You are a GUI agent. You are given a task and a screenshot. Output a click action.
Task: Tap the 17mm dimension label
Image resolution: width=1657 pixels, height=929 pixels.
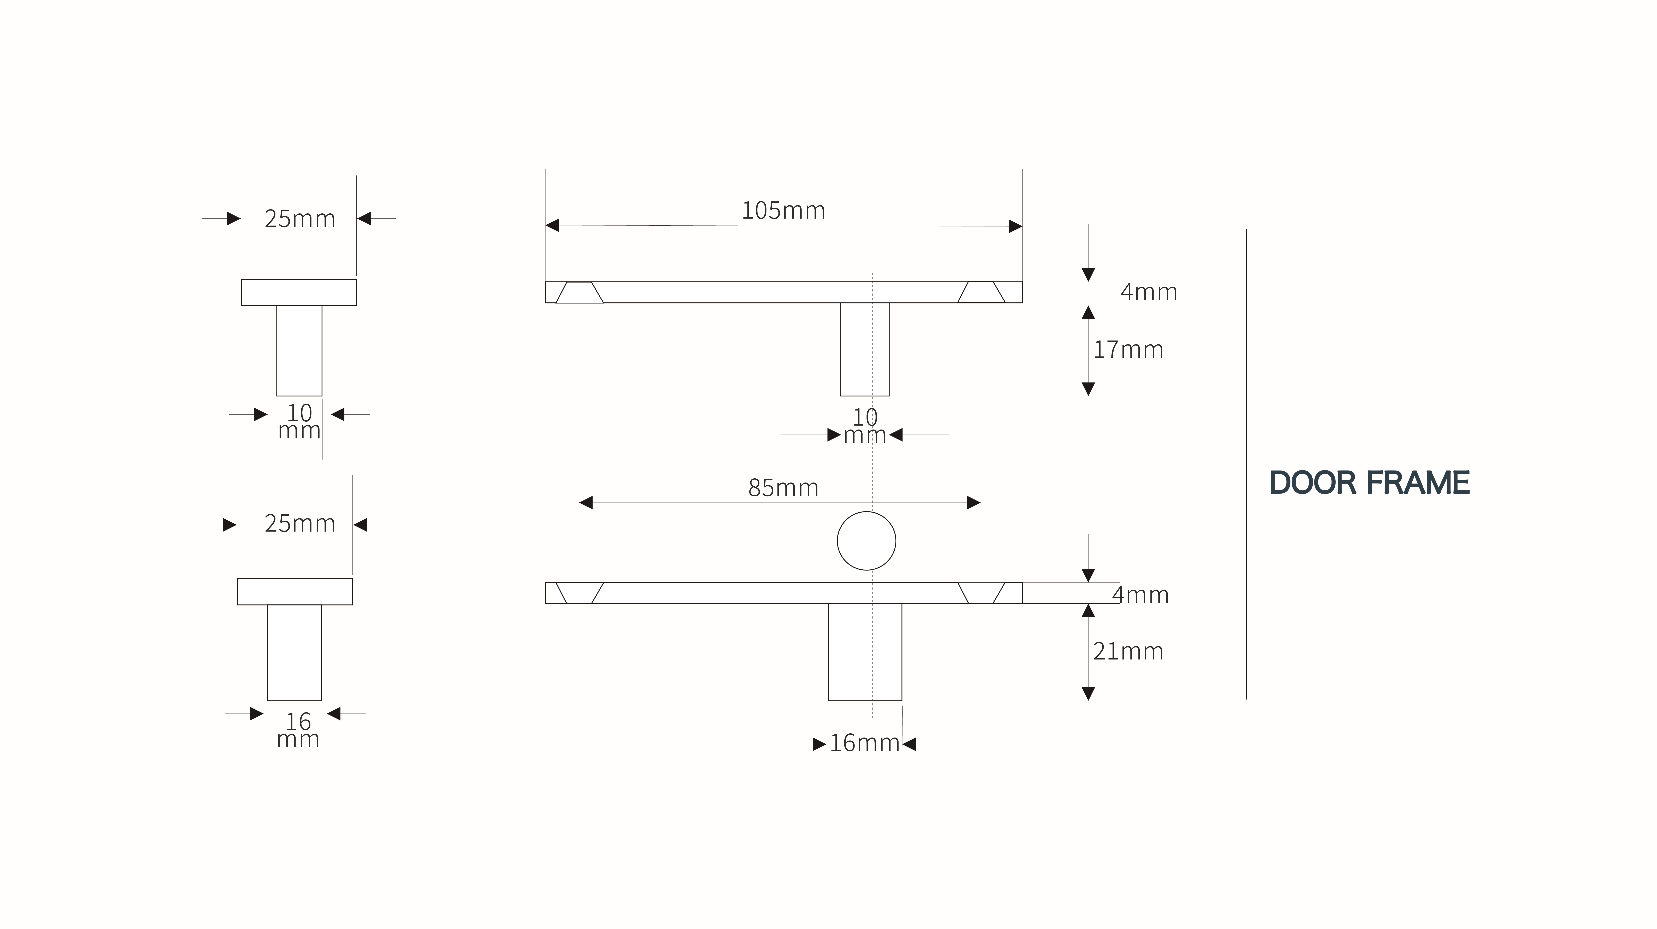pos(1128,350)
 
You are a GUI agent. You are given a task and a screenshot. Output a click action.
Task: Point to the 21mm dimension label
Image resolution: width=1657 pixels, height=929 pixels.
pos(1128,651)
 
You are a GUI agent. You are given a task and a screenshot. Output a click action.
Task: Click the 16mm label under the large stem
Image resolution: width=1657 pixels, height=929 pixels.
pos(864,743)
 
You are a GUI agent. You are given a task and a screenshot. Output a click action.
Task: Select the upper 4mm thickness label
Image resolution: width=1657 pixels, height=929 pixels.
pos(1149,292)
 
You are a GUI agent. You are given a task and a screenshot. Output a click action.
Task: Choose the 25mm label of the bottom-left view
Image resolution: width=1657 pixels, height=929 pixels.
pos(300,524)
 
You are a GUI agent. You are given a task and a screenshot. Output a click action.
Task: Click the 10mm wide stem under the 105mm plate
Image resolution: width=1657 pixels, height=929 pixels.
pos(864,349)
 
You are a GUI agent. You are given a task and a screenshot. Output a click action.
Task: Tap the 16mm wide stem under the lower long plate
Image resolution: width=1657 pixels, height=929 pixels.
pos(864,652)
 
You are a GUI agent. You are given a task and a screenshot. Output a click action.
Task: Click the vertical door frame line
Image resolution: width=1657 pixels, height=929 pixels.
pos(1246,464)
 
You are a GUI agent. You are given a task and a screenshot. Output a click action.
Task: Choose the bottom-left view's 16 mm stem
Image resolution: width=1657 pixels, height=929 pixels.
pos(295,652)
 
